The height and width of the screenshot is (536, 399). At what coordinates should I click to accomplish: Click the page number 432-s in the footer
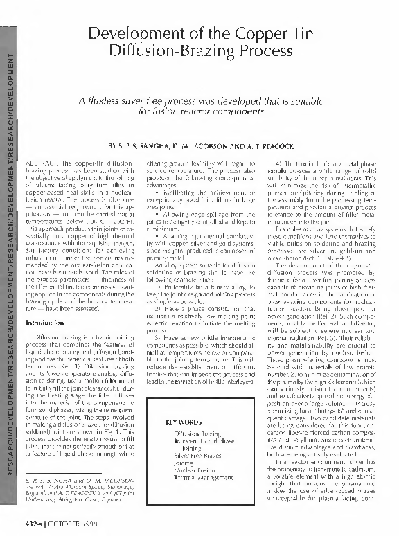[x=33, y=522]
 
